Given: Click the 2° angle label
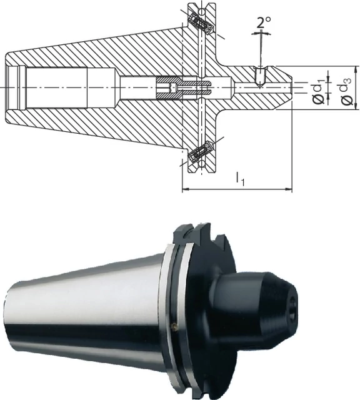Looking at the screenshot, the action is [x=263, y=22].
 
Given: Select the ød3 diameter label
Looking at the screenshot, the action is [x=346, y=90].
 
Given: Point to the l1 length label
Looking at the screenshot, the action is [x=240, y=179].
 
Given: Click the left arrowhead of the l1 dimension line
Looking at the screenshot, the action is [x=185, y=189].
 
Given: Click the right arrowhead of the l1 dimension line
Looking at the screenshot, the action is [x=289, y=189].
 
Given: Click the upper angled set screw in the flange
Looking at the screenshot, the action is [x=201, y=24].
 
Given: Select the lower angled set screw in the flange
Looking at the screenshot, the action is [x=201, y=151].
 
